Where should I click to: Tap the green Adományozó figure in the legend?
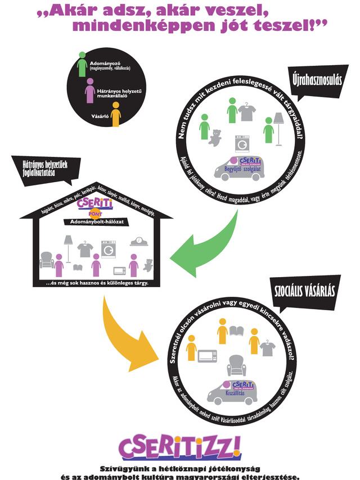82,65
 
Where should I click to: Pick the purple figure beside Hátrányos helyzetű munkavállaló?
89,90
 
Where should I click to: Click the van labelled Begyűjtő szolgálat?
240,169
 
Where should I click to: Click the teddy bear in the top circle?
214,137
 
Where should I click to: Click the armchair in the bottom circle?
236,366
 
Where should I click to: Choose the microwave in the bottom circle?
207,356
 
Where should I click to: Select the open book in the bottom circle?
236,331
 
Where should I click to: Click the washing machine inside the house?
108,248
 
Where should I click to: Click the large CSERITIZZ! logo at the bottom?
179,446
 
